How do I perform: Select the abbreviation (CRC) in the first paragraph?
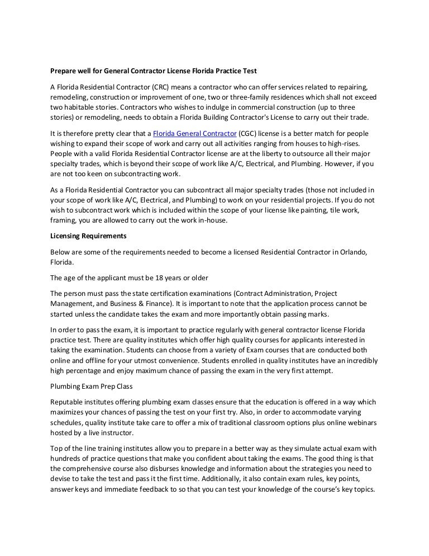163,87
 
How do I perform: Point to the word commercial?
270,106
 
